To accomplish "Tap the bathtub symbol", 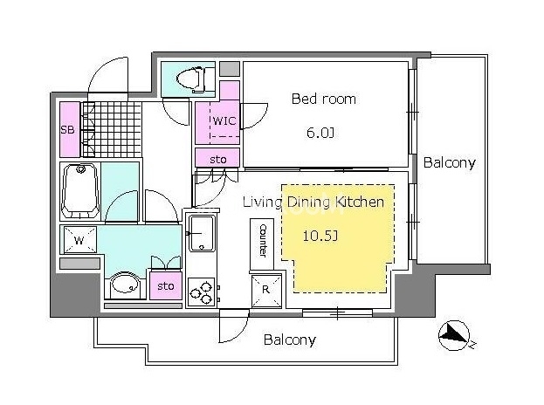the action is click(80, 190).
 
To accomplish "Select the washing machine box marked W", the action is click(79, 240).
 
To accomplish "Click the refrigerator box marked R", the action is click(266, 291).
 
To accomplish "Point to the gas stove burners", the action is click(202, 292).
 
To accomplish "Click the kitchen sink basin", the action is click(201, 233).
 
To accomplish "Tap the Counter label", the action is click(264, 241).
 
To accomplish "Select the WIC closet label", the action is click(224, 120).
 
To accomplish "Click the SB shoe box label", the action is click(67, 130).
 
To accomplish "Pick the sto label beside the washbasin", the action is click(166, 286).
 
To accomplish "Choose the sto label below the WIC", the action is click(218, 160).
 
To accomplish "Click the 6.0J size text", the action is click(320, 133).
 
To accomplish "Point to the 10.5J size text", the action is click(320, 236).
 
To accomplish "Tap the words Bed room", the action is click(324, 100).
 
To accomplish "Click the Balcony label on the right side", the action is click(450, 163).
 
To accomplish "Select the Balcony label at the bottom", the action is click(290, 340).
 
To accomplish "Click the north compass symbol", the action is click(454, 336).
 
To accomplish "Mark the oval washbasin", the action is click(125, 285).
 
